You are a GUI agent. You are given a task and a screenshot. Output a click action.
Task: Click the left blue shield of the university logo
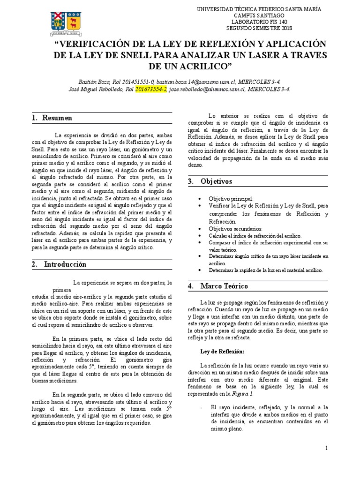click(58, 21)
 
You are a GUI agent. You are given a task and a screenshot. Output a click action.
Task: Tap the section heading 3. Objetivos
click(210, 181)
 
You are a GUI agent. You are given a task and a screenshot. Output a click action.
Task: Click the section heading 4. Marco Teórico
click(218, 286)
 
